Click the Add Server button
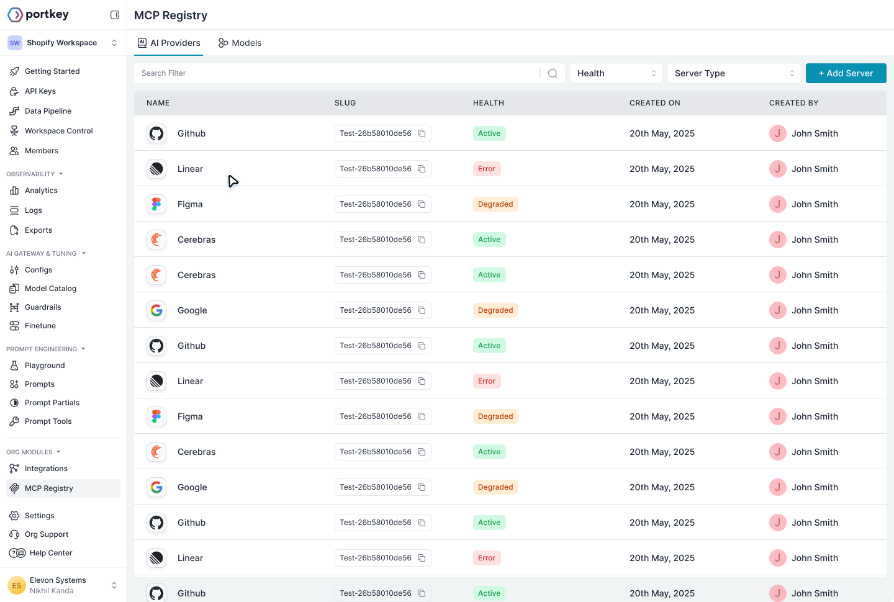pos(846,73)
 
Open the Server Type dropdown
pos(734,73)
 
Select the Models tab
pos(240,43)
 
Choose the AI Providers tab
pos(169,43)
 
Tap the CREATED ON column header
pos(654,103)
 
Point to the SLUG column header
pos(345,103)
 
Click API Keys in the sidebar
pos(40,91)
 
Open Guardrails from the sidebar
pos(43,307)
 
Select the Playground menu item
pos(45,366)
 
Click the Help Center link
pos(51,553)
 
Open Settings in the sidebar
pos(40,516)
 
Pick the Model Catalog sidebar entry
pos(50,289)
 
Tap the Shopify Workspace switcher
pos(62,43)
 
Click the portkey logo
pos(38,14)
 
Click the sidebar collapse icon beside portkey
pos(115,15)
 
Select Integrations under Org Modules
pos(46,469)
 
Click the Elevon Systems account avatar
pos(16,585)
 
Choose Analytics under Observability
pos(41,191)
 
